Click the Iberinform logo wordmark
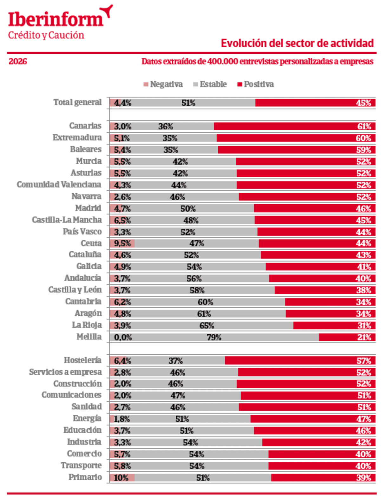[56, 19]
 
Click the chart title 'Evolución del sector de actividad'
[297, 43]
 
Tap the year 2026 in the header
[18, 61]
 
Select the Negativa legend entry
[163, 84]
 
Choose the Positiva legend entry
[256, 84]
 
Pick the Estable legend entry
[210, 84]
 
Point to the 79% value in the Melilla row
[214, 337]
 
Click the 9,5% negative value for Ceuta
[122, 243]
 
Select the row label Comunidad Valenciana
[59, 185]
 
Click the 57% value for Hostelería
[364, 361]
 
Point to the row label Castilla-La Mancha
[67, 220]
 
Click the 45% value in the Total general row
[364, 103]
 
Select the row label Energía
[87, 419]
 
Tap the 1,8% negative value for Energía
[122, 419]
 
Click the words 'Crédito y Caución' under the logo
[46, 35]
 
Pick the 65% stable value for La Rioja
[207, 325]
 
